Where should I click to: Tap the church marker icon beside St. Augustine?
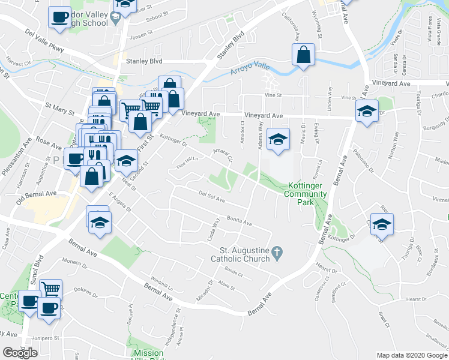click(x=277, y=254)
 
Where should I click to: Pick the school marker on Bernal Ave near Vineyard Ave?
click(x=367, y=111)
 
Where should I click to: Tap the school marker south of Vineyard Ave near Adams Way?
click(x=278, y=140)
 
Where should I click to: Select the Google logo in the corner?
click(x=20, y=352)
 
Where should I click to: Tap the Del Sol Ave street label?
click(x=211, y=196)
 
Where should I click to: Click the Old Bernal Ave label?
click(x=36, y=196)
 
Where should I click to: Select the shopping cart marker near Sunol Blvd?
click(x=52, y=289)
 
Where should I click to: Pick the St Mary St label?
click(x=60, y=109)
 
